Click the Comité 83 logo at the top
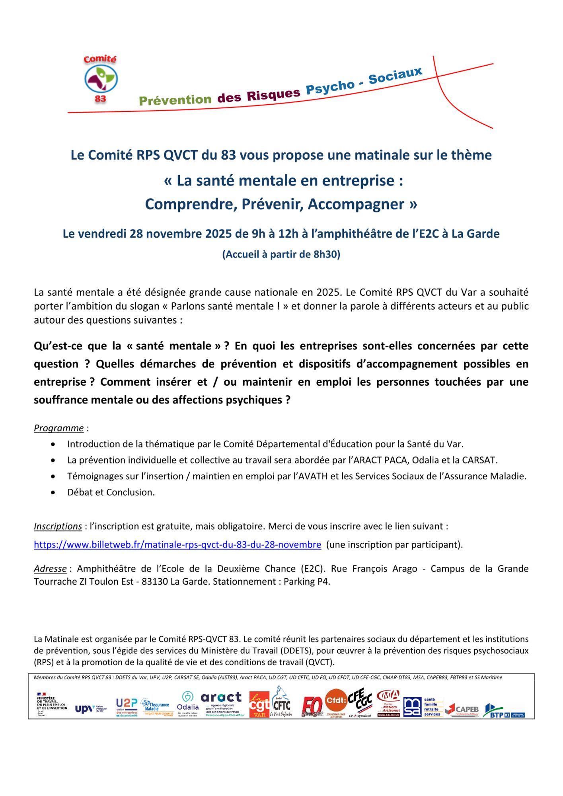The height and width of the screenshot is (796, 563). tap(101, 79)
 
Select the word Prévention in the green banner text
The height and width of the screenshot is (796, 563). tap(175, 99)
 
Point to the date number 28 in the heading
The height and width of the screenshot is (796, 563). tap(136, 234)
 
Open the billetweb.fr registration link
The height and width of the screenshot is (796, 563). tap(177, 544)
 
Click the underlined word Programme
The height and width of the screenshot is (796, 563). tap(58, 428)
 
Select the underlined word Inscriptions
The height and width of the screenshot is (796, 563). tap(58, 526)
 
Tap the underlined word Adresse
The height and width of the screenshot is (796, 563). tap(50, 568)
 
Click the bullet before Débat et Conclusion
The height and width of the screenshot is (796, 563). tap(53, 492)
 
